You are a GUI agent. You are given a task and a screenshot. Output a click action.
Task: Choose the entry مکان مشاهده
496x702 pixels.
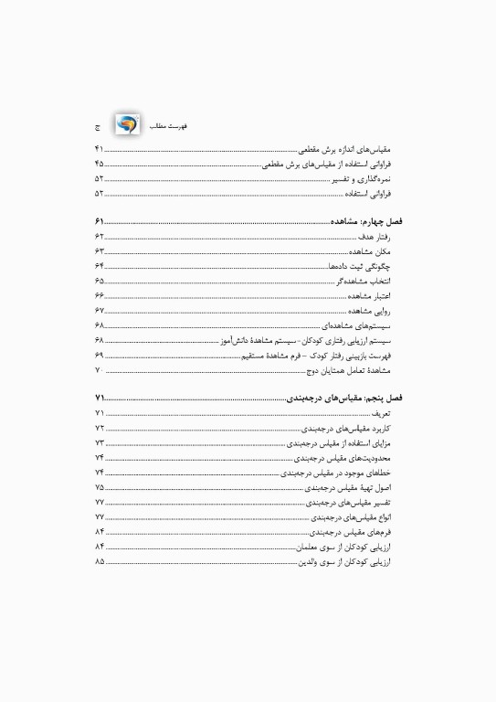tap(369, 250)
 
